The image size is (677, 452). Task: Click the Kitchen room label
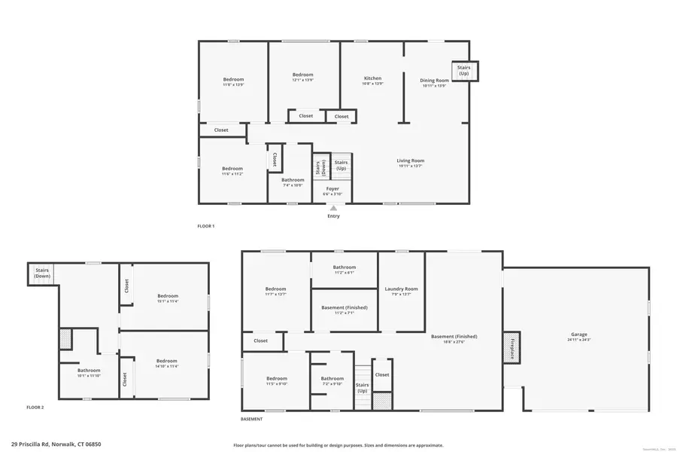372,78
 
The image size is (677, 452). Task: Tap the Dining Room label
434,81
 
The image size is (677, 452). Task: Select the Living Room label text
411,160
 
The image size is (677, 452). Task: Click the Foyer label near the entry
332,189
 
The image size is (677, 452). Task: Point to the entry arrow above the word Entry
333,207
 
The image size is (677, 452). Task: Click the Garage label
578,334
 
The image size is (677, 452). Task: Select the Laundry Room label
401,289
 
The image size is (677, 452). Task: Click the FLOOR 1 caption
206,226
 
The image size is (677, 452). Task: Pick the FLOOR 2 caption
35,407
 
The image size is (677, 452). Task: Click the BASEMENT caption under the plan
252,419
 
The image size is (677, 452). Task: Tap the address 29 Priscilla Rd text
56,444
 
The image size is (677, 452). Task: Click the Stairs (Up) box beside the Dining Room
463,71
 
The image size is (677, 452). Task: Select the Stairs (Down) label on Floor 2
42,273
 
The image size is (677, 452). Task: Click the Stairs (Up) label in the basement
363,389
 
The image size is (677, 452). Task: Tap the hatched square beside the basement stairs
382,401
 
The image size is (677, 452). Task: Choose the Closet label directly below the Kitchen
342,116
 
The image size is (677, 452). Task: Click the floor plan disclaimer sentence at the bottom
338,444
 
